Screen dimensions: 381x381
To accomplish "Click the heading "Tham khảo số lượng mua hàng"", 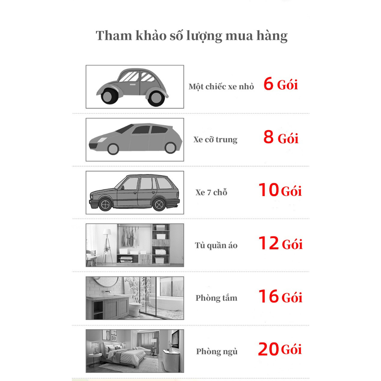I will point(192,36).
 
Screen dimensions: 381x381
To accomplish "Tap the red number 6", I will point(268,84).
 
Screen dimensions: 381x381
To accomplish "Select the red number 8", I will point(269,137).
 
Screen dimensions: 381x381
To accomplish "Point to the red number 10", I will point(269,190).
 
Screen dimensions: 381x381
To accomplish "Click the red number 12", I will point(269,243).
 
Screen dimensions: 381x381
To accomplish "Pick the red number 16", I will point(269,296).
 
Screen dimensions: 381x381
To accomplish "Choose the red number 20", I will point(268,349).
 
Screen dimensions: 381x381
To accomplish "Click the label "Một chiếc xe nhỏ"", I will point(221,87).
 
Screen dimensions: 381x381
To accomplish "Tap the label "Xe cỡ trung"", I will point(215,140).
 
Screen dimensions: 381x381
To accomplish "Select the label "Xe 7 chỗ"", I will point(211,192).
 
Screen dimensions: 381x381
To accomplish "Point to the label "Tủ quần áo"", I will point(216,245).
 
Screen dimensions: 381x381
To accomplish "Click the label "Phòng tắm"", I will point(216,298).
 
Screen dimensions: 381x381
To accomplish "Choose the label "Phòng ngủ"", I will point(217,352).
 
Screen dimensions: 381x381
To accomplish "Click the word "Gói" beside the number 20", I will point(291,350).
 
